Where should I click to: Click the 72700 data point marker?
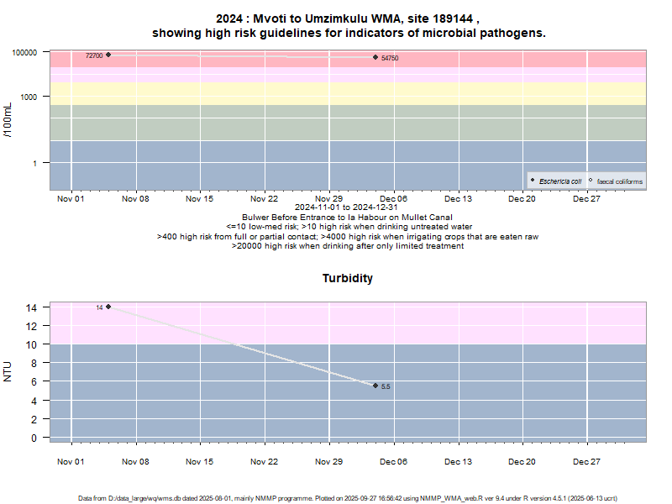point(108,55)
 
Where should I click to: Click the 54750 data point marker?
point(375,57)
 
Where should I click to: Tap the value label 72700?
point(94,55)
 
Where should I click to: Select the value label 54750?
point(390,58)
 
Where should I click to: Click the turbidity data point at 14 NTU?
point(108,307)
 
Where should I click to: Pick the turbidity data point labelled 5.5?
point(375,386)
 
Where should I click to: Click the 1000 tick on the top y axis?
point(31,97)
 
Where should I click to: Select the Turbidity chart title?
point(347,278)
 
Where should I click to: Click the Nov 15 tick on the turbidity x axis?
point(200,461)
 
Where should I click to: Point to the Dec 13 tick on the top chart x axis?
point(459,198)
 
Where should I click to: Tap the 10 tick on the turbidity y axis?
point(33,344)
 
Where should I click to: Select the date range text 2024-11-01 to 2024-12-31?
point(347,207)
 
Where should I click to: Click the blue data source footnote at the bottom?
point(347,498)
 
